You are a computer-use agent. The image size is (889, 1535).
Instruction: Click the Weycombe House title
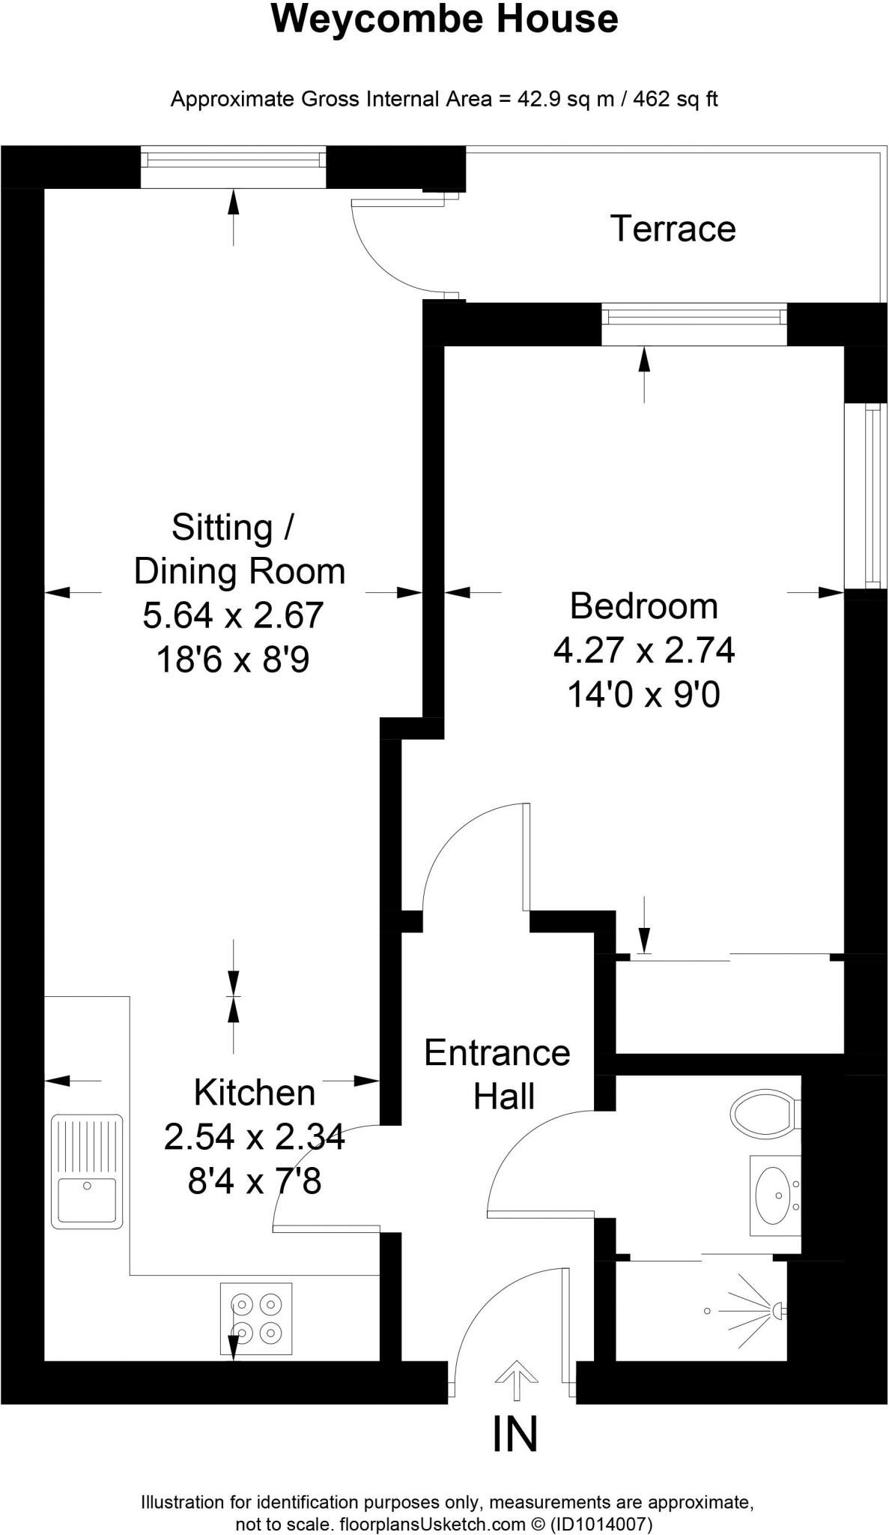tap(444, 19)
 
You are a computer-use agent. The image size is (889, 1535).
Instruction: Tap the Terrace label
tap(673, 229)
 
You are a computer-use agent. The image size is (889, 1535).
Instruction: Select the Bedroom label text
tap(643, 606)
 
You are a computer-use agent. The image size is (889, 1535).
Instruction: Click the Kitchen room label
tap(255, 1093)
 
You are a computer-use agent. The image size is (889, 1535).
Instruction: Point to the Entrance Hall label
tap(497, 1075)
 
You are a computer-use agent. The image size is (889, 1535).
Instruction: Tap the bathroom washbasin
tap(774, 1195)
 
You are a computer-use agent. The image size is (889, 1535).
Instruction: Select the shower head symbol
tap(776, 1310)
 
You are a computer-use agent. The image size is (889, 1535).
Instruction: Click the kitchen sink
tap(87, 1171)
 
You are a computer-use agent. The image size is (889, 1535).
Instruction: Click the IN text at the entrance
tap(515, 1435)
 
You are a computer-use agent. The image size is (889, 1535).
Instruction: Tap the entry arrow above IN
tap(516, 1378)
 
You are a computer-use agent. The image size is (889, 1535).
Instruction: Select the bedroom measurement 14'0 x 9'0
tap(643, 695)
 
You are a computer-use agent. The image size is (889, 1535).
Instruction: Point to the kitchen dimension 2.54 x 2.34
tap(255, 1138)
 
